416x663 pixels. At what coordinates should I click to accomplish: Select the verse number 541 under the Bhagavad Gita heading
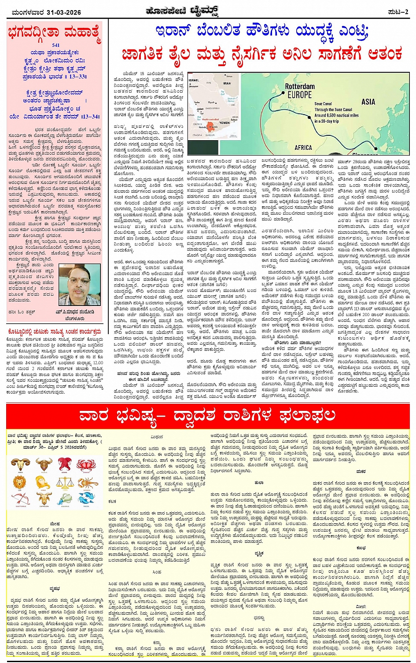pyautogui.click(x=55, y=45)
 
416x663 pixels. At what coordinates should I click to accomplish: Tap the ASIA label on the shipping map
pyautogui.click(x=368, y=102)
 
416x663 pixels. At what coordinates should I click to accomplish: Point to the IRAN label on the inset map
pyautogui.click(x=227, y=83)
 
